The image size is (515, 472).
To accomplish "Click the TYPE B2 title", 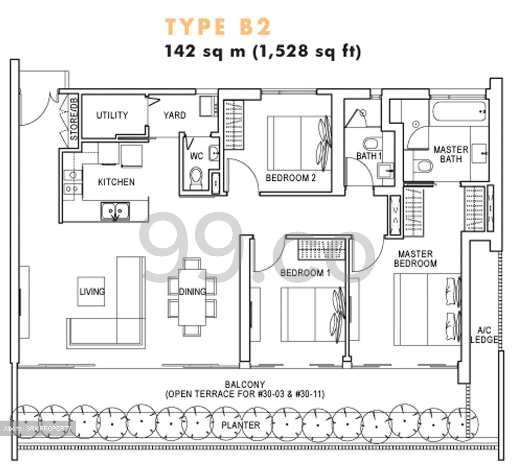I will click(x=218, y=26).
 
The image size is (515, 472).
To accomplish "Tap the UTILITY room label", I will click(x=112, y=115).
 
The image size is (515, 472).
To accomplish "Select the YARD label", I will click(x=175, y=115).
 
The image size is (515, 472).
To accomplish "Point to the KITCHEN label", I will click(x=116, y=182).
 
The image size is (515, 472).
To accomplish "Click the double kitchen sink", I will click(x=115, y=211).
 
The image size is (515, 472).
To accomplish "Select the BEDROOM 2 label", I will click(x=290, y=178).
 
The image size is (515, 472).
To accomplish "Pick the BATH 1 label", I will click(x=369, y=156).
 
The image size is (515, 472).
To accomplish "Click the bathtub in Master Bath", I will click(x=459, y=111).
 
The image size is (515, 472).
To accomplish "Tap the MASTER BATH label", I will click(x=451, y=154).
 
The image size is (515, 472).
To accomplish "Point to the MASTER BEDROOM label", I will click(x=415, y=259).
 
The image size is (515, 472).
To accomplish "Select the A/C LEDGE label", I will click(x=484, y=335).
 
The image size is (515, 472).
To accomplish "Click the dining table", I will click(x=192, y=296).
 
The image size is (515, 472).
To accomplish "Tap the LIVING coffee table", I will click(x=92, y=291).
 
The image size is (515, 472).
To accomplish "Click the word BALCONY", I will click(x=245, y=385).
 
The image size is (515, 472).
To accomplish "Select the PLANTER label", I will click(x=241, y=425).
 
